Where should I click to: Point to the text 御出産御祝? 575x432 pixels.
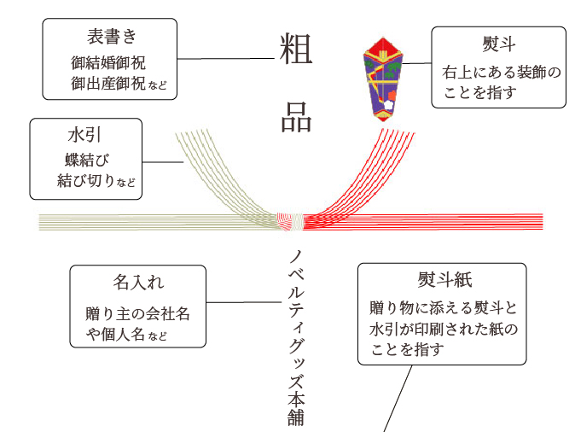(x=109, y=85)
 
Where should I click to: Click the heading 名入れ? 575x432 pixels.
(x=139, y=282)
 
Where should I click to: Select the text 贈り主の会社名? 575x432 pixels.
(x=137, y=313)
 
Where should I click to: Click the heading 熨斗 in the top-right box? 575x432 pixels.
(x=497, y=44)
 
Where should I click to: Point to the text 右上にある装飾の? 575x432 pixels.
(x=502, y=73)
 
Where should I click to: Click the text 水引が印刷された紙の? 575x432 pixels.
(x=444, y=328)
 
